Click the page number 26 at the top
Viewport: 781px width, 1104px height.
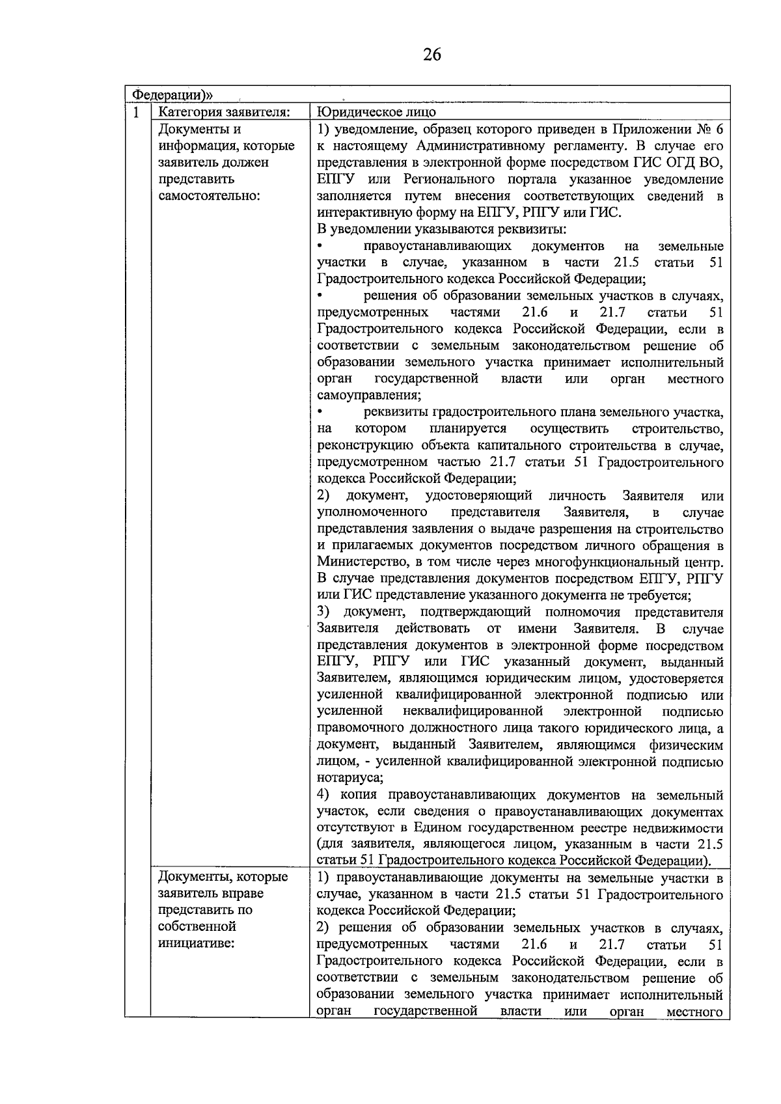point(432,55)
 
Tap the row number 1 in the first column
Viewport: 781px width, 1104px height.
point(136,113)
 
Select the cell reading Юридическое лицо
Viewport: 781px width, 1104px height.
point(377,113)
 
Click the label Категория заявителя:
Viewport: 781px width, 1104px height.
point(225,113)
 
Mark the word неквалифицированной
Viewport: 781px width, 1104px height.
point(473,711)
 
